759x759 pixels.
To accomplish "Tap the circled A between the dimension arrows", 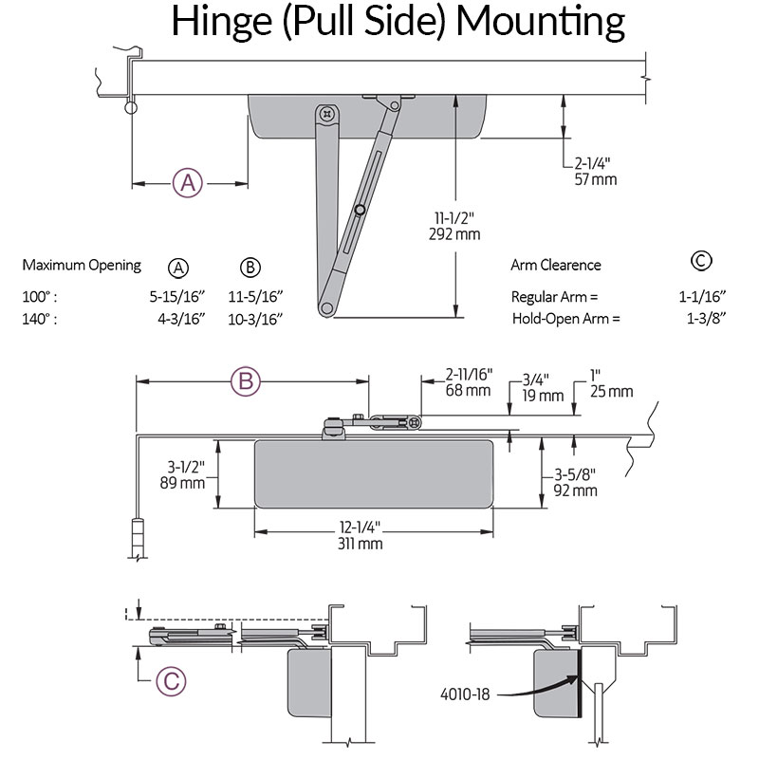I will coord(189,182).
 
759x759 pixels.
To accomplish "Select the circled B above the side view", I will coord(246,381).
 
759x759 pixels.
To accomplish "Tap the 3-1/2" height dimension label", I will coord(186,466).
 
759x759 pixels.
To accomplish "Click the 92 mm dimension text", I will coord(576,491).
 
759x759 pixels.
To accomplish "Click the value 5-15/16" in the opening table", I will coord(187,296).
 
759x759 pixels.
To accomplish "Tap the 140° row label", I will coord(40,319).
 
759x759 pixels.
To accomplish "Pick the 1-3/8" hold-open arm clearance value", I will coord(705,319).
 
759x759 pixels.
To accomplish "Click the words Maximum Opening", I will coord(82,266).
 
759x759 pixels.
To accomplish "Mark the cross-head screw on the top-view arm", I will coord(328,114).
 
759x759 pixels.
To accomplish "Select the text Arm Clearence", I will coord(556,266).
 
